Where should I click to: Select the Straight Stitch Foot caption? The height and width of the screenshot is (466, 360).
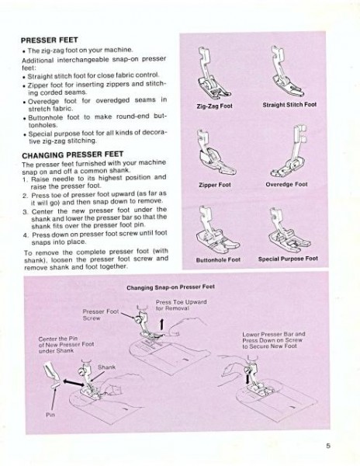289,104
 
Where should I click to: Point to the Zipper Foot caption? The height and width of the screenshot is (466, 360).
214,185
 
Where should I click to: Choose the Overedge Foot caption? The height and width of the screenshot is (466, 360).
286,185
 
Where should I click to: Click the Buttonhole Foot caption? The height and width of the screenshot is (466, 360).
218,259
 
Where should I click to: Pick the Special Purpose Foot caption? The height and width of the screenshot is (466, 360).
288,259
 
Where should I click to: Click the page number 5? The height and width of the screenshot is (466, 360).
329,446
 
